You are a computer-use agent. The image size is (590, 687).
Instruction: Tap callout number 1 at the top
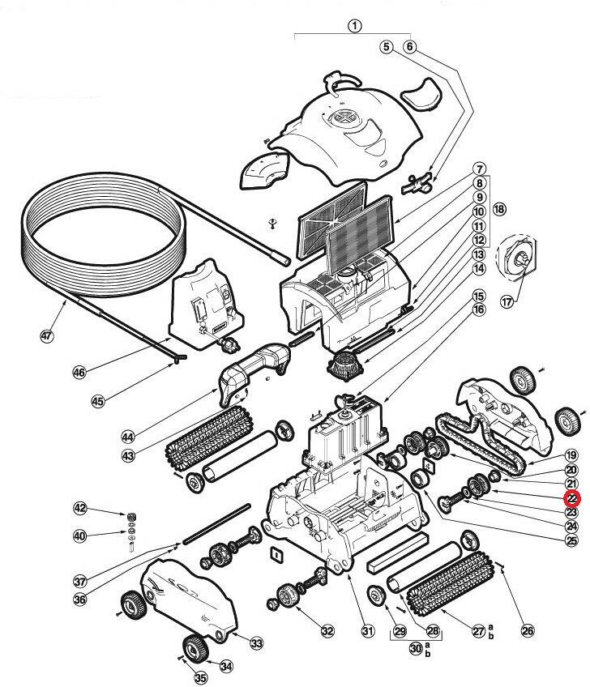[x=354, y=25]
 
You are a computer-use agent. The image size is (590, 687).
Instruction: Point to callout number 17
[x=507, y=301]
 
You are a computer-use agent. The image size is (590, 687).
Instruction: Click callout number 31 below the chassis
[x=369, y=631]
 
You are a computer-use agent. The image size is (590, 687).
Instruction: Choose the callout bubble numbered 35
[x=200, y=677]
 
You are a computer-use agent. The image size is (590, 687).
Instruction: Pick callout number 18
[x=498, y=209]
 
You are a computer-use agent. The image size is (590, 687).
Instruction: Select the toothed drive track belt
[x=478, y=446]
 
